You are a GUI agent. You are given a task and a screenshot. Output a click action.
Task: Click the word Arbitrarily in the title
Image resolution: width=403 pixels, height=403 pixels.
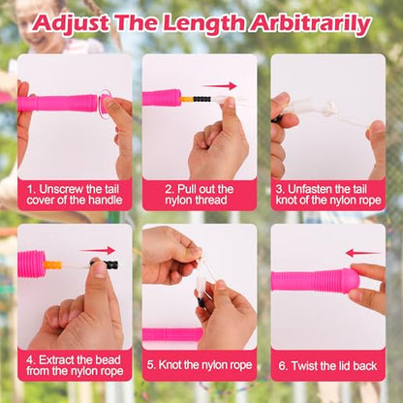pos(311,23)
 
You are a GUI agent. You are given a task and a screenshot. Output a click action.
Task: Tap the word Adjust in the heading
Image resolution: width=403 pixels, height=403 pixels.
pos(71,23)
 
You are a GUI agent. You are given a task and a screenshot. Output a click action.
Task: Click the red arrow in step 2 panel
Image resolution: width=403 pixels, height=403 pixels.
pos(220,86)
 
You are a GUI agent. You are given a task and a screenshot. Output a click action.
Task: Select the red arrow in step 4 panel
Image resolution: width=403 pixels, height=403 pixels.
pos(98,250)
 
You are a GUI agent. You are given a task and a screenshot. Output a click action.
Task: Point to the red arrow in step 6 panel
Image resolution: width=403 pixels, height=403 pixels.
pos(363,253)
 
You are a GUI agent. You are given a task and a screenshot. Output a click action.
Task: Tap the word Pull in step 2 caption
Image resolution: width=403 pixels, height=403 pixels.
pos(188,189)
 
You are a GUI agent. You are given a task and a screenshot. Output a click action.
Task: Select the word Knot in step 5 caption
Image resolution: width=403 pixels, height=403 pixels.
pos(170,365)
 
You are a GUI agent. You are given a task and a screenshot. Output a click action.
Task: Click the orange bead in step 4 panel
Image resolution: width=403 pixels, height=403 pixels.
pos(52,265)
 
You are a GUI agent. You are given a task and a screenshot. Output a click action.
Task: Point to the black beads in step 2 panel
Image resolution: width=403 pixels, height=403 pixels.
pos(202,99)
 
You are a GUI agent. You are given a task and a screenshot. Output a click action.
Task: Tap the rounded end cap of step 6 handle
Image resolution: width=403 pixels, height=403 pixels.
pos(351,281)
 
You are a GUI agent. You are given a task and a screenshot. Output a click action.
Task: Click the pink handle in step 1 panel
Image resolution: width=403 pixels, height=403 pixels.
pos(58,104)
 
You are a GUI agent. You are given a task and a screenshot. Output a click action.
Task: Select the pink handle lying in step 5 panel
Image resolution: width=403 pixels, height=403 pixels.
pos(172,334)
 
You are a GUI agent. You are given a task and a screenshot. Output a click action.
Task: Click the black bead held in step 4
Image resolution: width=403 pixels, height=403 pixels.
pos(109,264)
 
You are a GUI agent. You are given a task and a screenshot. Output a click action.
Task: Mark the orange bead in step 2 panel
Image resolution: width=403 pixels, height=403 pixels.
pos(187,99)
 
